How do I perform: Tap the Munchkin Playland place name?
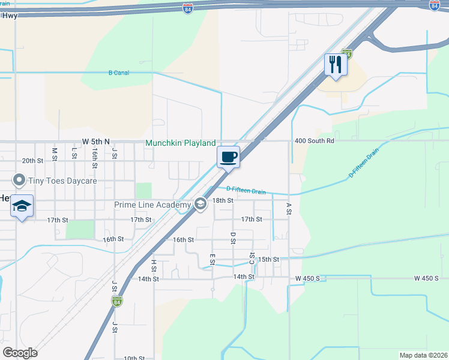coord(180,143)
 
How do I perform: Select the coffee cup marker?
coord(228,158)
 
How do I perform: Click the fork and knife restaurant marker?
coord(336,65)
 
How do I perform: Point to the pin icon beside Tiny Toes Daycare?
coord(19,179)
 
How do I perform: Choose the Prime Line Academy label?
coord(152,205)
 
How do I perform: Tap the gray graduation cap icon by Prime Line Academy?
coord(200,205)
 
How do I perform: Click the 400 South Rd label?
coord(314,141)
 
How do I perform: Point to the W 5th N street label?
coord(96,141)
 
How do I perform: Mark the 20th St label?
coord(32,161)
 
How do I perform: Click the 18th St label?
coord(223,200)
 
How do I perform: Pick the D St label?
coord(233,238)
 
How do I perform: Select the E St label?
coord(212,259)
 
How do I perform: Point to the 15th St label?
coord(268,259)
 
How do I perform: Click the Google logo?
coord(20,352)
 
